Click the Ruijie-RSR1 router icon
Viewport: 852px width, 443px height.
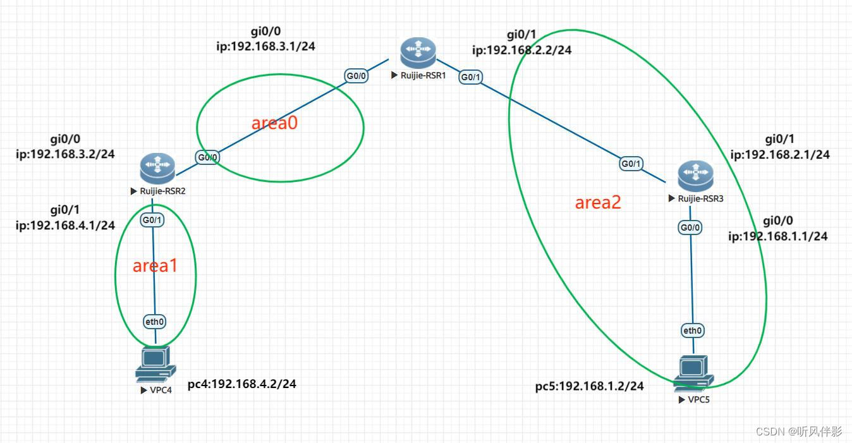click(418, 53)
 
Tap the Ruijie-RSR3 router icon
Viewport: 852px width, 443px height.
click(695, 176)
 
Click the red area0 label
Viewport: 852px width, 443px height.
click(274, 123)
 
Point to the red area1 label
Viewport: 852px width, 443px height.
click(155, 266)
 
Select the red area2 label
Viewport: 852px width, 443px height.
click(598, 202)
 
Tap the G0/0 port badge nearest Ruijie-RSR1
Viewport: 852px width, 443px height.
click(356, 76)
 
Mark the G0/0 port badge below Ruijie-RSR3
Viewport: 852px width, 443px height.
click(690, 227)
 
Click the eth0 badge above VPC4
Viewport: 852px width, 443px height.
click(154, 322)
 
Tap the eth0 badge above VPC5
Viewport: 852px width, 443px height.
click(693, 330)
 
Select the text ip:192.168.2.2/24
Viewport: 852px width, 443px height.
click(522, 50)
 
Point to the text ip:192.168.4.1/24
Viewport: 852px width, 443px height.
click(65, 225)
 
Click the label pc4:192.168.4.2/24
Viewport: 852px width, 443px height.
click(242, 384)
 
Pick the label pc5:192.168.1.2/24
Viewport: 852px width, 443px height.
click(590, 385)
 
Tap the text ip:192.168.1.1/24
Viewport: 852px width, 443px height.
click(778, 236)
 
